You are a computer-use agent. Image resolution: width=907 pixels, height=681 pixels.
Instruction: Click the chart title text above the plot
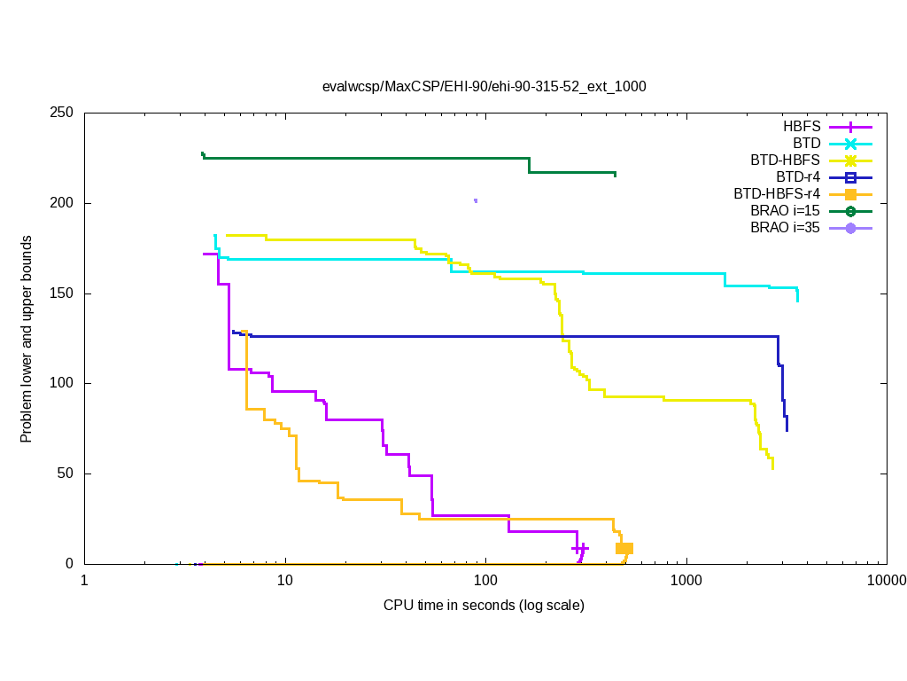[484, 87]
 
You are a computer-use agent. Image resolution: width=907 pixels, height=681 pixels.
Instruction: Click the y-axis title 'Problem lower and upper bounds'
[27, 340]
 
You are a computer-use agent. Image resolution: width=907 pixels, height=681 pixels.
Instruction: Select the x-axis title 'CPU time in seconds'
[484, 606]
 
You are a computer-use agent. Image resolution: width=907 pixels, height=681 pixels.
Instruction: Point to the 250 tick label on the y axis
[62, 113]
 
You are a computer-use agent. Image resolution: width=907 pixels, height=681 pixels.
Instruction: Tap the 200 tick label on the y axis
[62, 203]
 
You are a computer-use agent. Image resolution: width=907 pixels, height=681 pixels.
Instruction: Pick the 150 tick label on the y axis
[62, 294]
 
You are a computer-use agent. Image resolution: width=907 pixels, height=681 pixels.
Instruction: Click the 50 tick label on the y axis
[66, 474]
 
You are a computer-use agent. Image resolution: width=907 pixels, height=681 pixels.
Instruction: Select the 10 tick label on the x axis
[284, 581]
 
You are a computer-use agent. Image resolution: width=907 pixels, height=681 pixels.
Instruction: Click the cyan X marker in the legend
[850, 144]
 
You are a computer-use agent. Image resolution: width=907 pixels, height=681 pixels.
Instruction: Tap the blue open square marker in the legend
[850, 177]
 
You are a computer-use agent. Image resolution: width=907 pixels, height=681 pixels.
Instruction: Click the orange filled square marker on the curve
[624, 548]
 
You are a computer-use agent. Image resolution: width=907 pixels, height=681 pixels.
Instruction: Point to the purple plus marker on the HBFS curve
[580, 549]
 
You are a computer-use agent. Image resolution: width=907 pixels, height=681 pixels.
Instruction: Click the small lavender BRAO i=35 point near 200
[476, 200]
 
